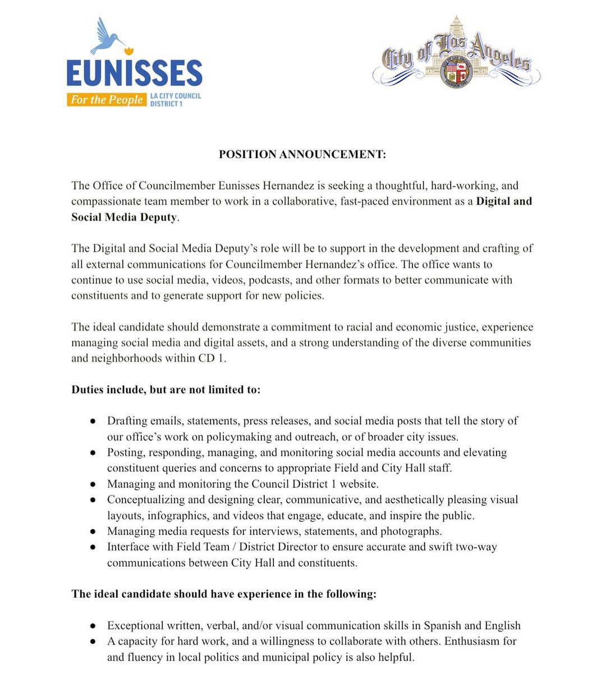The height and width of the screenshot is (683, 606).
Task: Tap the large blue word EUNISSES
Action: (134, 74)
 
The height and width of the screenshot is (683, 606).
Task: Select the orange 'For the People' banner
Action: (107, 100)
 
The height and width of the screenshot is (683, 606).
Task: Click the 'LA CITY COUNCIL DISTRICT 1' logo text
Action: (175, 100)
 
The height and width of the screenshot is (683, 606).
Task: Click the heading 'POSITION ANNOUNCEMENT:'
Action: (302, 154)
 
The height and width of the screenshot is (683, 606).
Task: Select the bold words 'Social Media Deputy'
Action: (124, 217)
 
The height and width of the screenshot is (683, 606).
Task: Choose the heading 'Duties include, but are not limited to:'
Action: (166, 389)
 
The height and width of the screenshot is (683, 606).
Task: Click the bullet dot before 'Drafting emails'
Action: (93, 421)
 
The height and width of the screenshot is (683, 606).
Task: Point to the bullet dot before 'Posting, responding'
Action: (93, 452)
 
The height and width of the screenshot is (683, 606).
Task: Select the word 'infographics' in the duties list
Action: (177, 515)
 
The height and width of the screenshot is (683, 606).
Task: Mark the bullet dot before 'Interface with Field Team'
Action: (93, 547)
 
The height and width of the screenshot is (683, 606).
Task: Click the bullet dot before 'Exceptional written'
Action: (93, 625)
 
